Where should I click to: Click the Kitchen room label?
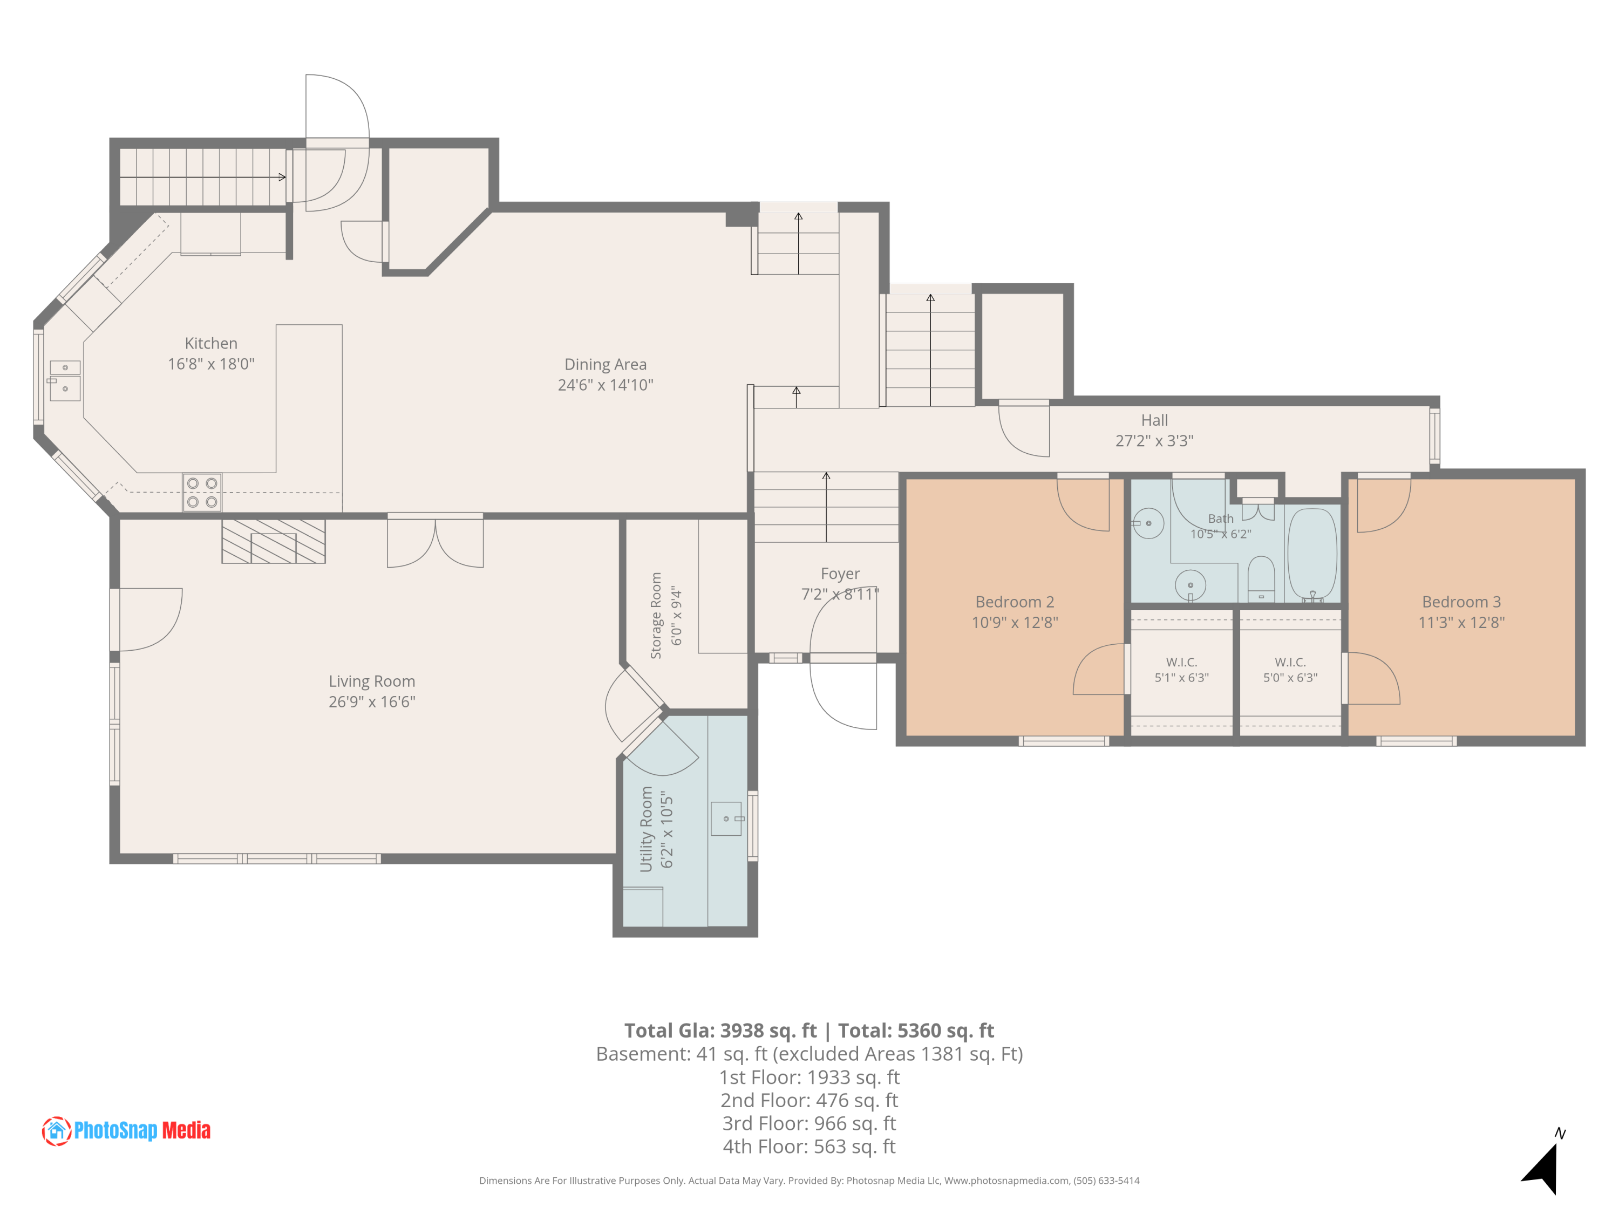(x=211, y=343)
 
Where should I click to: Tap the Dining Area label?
(x=606, y=364)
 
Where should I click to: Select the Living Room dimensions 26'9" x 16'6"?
(x=372, y=702)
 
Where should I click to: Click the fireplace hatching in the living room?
(x=274, y=542)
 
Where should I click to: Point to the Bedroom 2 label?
(x=1015, y=602)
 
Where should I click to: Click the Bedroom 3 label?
(x=1461, y=602)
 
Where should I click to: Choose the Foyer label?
(x=840, y=574)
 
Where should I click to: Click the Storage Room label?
(x=656, y=616)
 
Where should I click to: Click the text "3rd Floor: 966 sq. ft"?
(x=809, y=1123)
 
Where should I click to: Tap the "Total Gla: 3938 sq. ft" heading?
(x=720, y=1031)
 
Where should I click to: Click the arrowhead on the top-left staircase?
(x=283, y=177)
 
